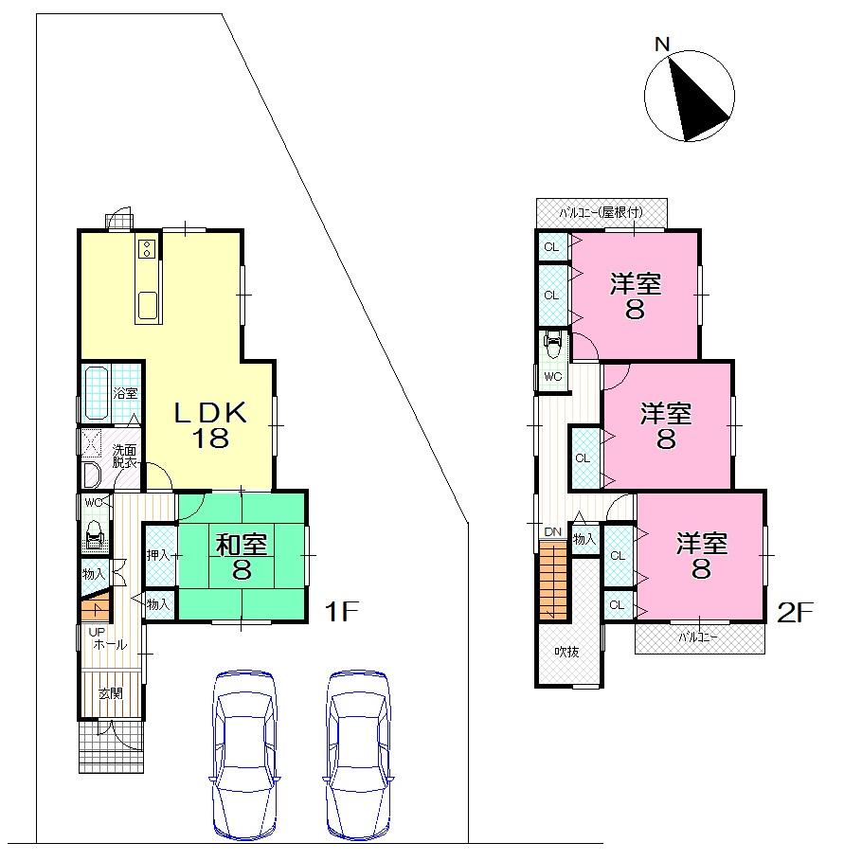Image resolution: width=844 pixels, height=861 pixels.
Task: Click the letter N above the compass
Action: (x=662, y=44)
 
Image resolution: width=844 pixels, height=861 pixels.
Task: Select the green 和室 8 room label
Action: (x=242, y=556)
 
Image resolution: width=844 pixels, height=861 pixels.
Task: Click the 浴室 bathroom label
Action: (x=126, y=392)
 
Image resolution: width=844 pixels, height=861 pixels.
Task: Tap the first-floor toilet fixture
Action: (x=95, y=535)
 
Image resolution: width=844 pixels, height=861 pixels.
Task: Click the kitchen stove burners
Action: (x=148, y=249)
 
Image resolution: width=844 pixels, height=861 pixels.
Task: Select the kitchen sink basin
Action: (x=149, y=306)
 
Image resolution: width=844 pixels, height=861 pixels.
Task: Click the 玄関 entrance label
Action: (x=111, y=693)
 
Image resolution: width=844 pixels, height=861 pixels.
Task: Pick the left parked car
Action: (x=245, y=755)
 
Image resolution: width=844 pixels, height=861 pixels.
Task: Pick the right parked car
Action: (x=358, y=755)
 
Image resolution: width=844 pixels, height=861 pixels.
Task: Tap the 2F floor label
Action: (x=795, y=613)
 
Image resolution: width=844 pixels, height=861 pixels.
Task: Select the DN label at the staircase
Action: (x=552, y=531)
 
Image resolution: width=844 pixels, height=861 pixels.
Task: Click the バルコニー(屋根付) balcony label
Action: (x=602, y=212)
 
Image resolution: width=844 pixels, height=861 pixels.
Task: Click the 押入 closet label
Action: (x=158, y=555)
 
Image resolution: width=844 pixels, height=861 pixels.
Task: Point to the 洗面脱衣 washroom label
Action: (x=125, y=456)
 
